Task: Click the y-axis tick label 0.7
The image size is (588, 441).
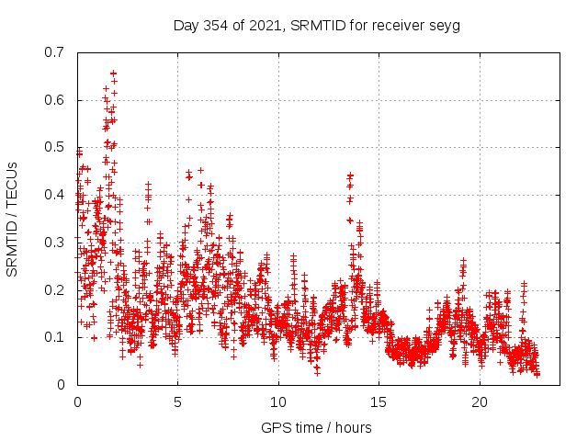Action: click(56, 52)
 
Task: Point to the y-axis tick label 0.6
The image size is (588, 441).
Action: click(56, 100)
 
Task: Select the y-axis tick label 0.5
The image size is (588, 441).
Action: click(56, 147)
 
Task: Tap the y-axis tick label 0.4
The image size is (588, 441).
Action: click(56, 195)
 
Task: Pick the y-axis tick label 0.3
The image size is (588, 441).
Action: click(56, 243)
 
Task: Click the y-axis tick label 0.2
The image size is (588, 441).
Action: click(56, 290)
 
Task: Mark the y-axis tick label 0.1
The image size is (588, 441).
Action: click(56, 337)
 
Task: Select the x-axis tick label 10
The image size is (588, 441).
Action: click(278, 402)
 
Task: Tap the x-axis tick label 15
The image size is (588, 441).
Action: click(379, 402)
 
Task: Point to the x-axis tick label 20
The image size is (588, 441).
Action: click(480, 402)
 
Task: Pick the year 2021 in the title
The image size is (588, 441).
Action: click(268, 25)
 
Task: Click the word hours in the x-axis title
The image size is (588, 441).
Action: click(353, 428)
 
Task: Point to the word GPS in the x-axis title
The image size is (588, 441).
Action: click(274, 428)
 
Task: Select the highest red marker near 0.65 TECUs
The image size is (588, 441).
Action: click(113, 73)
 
